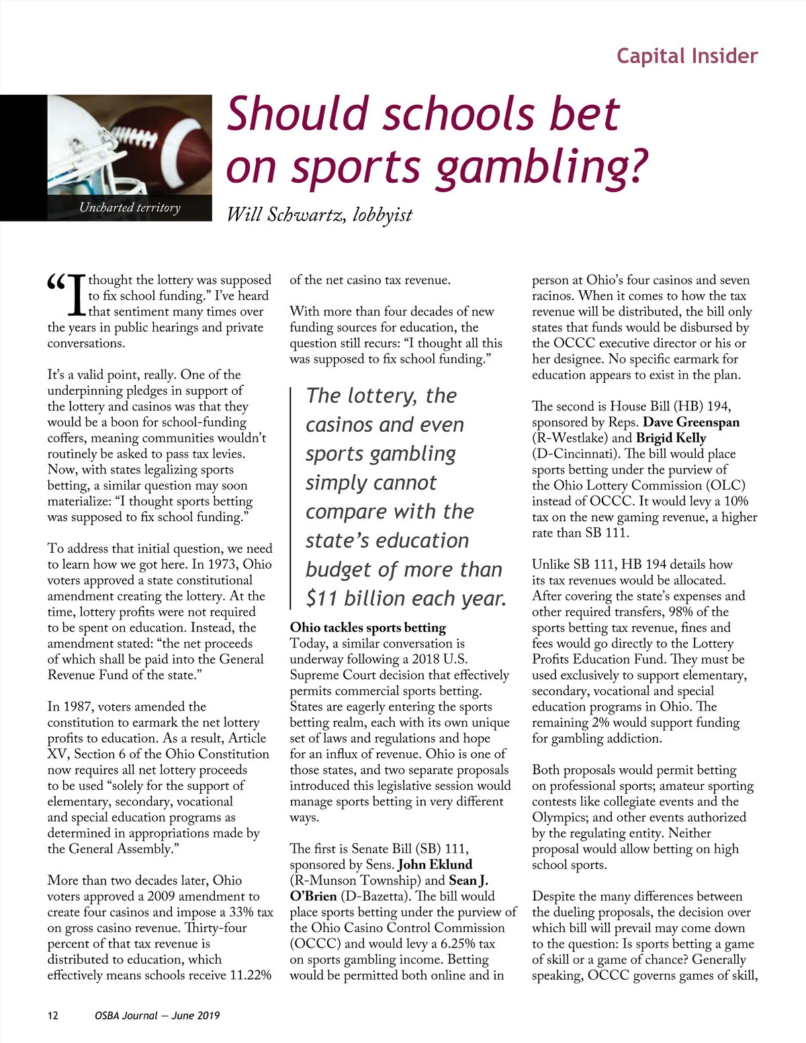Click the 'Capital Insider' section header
pyautogui.click(x=686, y=56)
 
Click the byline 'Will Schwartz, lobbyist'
pyautogui.click(x=319, y=215)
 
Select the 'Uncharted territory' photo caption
pyautogui.click(x=130, y=208)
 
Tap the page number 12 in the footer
pyautogui.click(x=53, y=1015)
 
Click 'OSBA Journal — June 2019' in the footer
pyautogui.click(x=157, y=1015)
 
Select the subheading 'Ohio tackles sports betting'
pyautogui.click(x=367, y=627)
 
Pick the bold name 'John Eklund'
pyautogui.click(x=435, y=864)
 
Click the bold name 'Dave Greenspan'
pyautogui.click(x=690, y=422)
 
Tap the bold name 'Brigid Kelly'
pyautogui.click(x=670, y=438)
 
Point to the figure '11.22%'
pyautogui.click(x=250, y=975)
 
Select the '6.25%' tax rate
pyautogui.click(x=455, y=944)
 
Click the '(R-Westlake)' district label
pyautogui.click(x=570, y=438)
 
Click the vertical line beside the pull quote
pyautogui.click(x=291, y=497)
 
